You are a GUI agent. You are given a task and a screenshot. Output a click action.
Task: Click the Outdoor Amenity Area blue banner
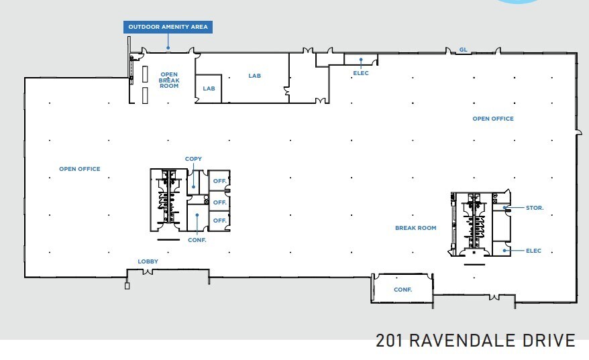tap(168, 27)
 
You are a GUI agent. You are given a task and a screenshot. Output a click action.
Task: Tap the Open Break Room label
tap(169, 80)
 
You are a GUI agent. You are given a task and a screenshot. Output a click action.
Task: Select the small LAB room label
tap(209, 88)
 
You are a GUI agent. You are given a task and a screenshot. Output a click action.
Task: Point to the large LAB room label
tap(254, 76)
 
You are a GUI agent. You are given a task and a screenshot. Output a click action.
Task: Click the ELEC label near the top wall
tap(361, 73)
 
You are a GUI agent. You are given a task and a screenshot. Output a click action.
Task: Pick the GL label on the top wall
tap(463, 50)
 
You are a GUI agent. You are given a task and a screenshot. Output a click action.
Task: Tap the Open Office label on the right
tap(493, 119)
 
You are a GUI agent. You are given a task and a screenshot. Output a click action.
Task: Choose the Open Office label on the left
tap(80, 169)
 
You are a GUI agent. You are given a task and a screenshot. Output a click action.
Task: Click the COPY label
tap(193, 159)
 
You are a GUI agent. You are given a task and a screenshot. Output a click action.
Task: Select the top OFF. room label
tap(220, 181)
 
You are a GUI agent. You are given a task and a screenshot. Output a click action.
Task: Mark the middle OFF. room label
tap(220, 202)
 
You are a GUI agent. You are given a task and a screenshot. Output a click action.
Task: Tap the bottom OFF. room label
tap(220, 221)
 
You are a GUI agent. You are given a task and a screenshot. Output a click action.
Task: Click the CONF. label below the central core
tap(197, 240)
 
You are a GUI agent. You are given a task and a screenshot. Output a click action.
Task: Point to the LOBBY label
tap(148, 261)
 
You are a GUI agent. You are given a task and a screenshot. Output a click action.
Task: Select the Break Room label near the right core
tap(415, 228)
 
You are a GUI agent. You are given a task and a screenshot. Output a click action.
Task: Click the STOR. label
tap(535, 208)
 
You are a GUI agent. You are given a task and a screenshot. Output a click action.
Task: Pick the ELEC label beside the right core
tap(533, 251)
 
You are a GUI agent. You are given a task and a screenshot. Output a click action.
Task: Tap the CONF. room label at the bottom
tap(403, 290)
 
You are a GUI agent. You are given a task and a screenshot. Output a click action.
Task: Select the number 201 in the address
tap(389, 341)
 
